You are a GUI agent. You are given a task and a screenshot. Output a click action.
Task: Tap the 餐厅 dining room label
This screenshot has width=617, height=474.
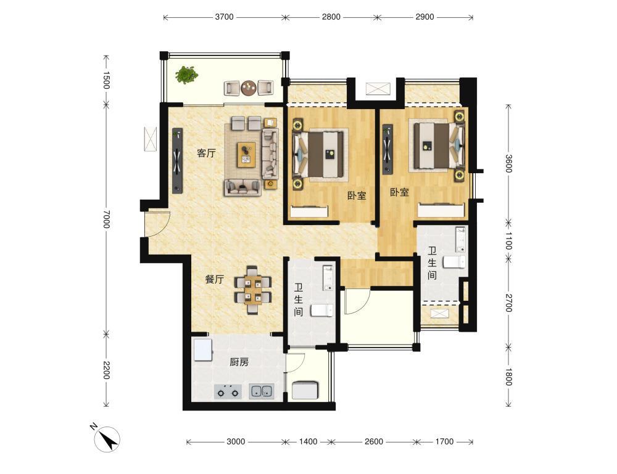pos(215,279)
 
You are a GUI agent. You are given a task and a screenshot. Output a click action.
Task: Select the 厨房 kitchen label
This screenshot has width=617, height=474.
pos(239,362)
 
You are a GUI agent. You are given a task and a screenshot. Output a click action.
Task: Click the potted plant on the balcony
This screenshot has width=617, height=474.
pos(186,75)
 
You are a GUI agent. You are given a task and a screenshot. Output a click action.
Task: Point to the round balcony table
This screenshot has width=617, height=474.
pos(249,88)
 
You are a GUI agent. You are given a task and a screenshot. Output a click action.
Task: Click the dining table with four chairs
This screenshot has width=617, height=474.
pos(252,290)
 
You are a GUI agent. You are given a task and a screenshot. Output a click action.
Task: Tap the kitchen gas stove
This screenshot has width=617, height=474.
pos(228,391)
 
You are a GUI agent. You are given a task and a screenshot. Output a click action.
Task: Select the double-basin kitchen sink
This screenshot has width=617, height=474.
pos(262,391)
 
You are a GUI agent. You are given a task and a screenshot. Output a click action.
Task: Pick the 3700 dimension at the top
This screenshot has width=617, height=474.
pos(225,17)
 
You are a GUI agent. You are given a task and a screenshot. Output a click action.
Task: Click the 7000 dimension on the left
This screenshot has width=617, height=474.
pos(106,219)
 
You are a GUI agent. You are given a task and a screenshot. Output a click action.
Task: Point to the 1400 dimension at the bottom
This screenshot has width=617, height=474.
pos(308,442)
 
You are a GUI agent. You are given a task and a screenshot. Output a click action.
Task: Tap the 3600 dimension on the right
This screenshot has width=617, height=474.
pos(509,163)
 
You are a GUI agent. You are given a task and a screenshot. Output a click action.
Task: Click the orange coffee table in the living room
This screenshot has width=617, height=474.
pos(246,155)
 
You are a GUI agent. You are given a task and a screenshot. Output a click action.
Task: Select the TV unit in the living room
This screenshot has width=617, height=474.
pos(178,160)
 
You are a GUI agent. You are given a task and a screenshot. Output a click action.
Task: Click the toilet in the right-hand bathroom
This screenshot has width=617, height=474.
pos(455,262)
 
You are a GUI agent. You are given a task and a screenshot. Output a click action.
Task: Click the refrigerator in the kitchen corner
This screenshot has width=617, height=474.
pos(203,349)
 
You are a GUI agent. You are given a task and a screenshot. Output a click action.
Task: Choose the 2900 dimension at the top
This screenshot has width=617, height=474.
pos(425,17)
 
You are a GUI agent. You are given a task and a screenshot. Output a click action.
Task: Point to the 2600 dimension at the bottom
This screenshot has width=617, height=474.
pos(374,442)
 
